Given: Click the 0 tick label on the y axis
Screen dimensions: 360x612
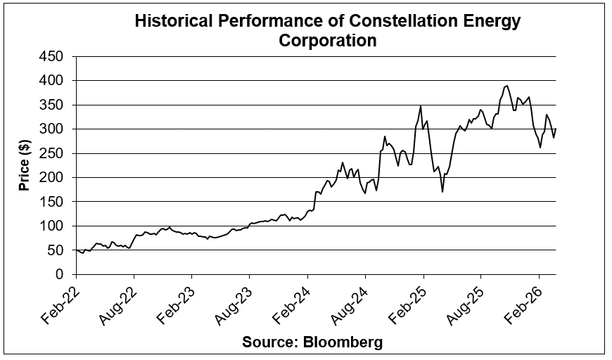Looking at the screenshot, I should pos(60,274).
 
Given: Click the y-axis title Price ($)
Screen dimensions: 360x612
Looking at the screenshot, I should pos(23,165).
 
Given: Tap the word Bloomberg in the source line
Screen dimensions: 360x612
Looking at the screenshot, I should pos(344,342).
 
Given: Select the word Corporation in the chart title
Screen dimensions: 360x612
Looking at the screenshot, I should pos(328,40).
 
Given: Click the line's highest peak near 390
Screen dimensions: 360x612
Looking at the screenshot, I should pos(506,86).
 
